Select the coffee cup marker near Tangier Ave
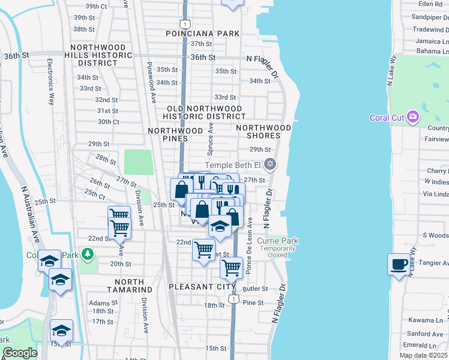(x=399, y=263)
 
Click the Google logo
(x=20, y=353)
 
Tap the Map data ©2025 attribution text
(x=423, y=355)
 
